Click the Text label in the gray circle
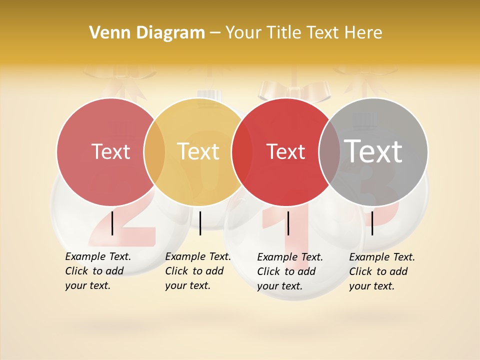[x=373, y=151]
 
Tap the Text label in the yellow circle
[x=198, y=151]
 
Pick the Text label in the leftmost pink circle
[x=110, y=151]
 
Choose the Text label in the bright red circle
[x=286, y=151]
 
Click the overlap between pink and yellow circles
[x=154, y=151]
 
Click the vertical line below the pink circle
[x=112, y=223]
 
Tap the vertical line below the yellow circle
[x=200, y=223]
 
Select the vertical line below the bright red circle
[x=288, y=223]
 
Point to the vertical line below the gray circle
[x=372, y=223]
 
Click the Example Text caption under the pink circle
[x=98, y=271]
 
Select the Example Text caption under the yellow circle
[x=198, y=271]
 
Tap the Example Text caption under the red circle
[x=290, y=271]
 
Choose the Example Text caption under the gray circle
[x=382, y=271]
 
